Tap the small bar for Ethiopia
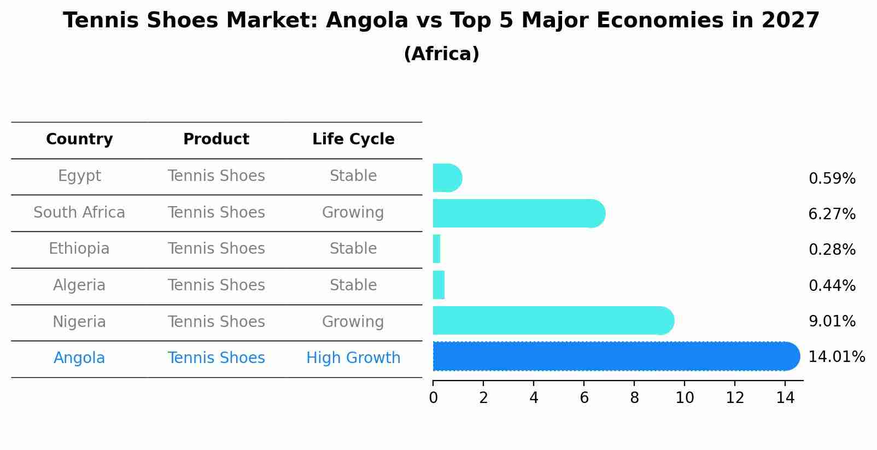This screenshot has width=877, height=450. click(436, 249)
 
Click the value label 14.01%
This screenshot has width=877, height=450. click(836, 357)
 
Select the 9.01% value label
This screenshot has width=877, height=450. click(832, 322)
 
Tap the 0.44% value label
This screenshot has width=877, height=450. click(832, 285)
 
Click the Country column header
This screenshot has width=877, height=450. click(79, 139)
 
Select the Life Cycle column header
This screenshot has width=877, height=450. click(353, 139)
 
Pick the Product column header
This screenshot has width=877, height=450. click(216, 139)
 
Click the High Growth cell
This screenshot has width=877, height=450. click(353, 358)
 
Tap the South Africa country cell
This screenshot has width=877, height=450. click(79, 212)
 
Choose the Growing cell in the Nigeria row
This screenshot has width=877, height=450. click(353, 322)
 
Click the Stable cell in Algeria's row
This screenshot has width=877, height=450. click(353, 285)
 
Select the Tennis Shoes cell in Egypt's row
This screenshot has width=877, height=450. click(216, 176)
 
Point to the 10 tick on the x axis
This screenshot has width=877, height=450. click(685, 398)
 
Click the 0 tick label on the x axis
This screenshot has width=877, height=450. click(433, 398)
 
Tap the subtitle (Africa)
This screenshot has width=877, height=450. click(441, 54)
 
